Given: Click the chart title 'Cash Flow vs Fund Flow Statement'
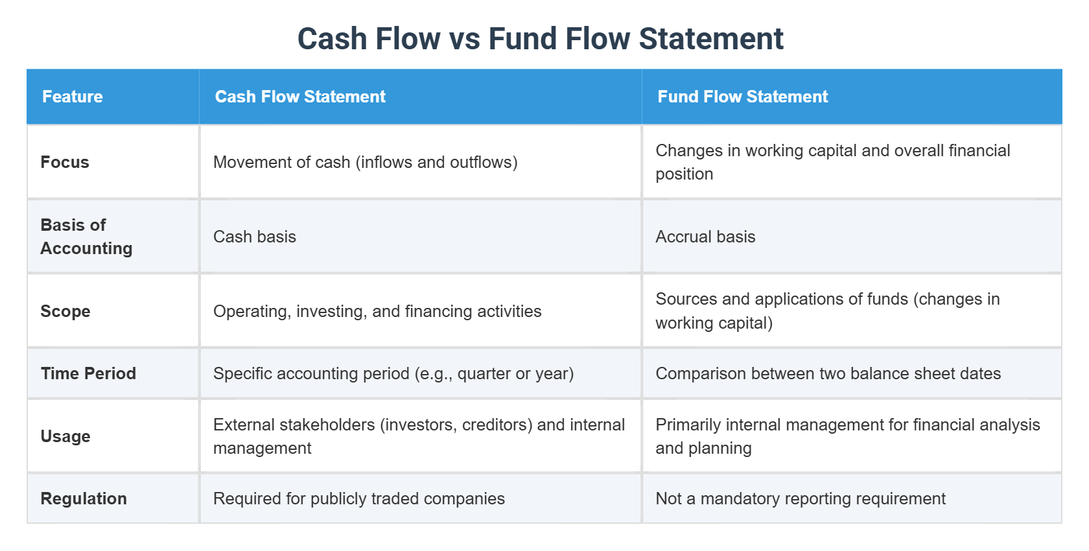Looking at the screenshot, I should tap(540, 39).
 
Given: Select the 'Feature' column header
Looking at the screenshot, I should tap(73, 97).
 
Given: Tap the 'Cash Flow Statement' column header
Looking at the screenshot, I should tap(300, 97).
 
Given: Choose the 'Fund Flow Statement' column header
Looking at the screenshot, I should tap(743, 97).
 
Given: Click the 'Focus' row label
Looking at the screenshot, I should tap(65, 162).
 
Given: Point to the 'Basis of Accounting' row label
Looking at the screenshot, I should tap(86, 237).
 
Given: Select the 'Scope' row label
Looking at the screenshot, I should tap(65, 311).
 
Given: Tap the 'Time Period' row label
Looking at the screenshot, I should tap(88, 373).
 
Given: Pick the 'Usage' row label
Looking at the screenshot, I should tap(65, 436).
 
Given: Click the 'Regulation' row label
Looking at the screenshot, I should tap(84, 498).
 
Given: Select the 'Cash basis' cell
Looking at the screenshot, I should tap(255, 237).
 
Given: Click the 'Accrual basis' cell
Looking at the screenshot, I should tap(705, 237).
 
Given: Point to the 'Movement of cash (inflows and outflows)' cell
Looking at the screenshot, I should tap(365, 162).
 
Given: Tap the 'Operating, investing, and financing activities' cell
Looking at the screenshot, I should tap(377, 311).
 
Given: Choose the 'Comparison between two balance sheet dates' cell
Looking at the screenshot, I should tap(828, 373).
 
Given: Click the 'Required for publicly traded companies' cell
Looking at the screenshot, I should tap(358, 498).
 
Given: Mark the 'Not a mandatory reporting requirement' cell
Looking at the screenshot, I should tap(801, 498).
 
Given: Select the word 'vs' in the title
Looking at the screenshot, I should tap(464, 39).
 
